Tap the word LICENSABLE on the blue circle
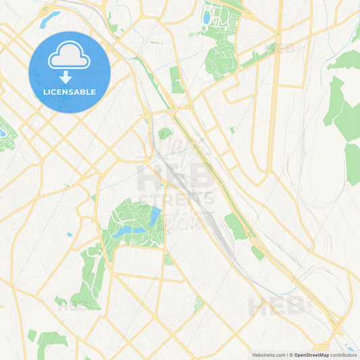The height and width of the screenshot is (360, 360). (x=70, y=91)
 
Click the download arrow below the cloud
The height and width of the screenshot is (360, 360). (x=70, y=76)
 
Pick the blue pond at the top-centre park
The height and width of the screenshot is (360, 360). (x=207, y=18)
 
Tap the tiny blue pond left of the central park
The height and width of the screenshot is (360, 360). (x=69, y=235)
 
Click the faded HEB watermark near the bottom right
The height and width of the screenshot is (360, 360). (x=277, y=308)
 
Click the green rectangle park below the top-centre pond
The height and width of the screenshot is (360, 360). (x=177, y=80)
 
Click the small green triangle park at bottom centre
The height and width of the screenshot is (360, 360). (x=199, y=304)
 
